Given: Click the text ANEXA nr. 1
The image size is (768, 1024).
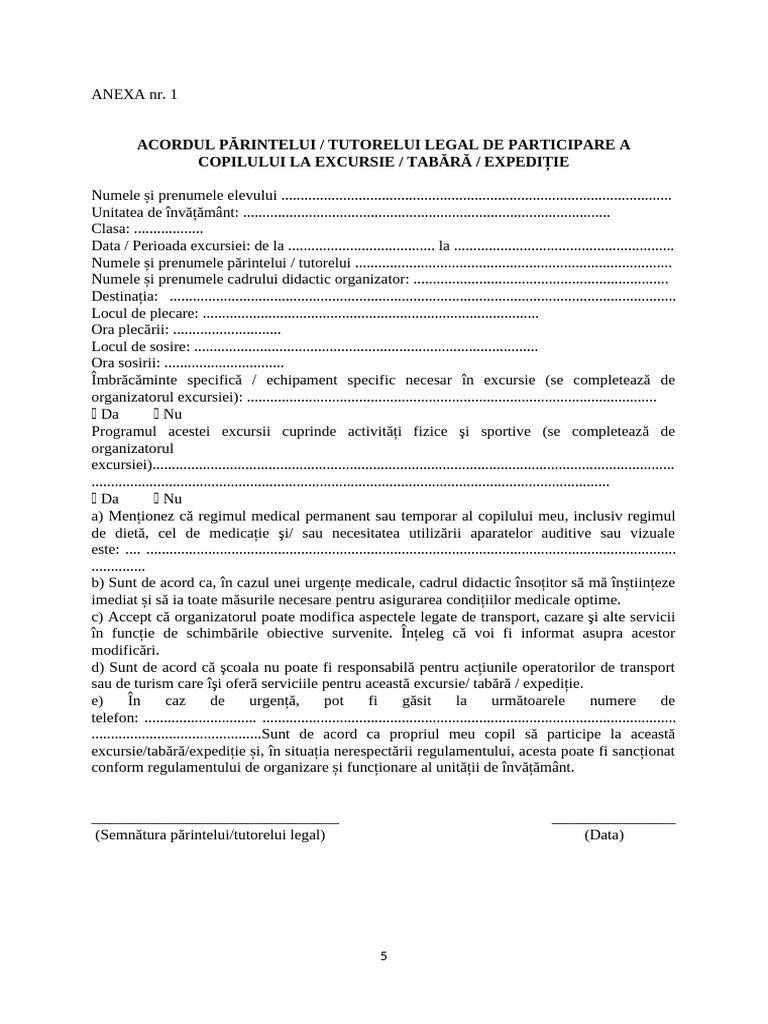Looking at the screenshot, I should click(x=134, y=95).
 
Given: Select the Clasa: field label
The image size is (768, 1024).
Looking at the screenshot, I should click(x=110, y=229).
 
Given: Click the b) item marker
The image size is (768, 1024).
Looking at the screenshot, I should click(x=98, y=583).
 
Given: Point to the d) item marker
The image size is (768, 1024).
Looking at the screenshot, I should click(x=98, y=667).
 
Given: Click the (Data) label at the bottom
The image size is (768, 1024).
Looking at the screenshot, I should click(x=604, y=834).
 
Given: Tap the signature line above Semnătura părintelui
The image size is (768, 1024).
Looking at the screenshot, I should click(x=215, y=821).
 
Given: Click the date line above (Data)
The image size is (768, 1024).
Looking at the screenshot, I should click(x=613, y=821).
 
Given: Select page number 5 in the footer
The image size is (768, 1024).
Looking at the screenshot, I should click(x=383, y=955).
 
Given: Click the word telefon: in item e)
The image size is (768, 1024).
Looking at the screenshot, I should click(x=115, y=717).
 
